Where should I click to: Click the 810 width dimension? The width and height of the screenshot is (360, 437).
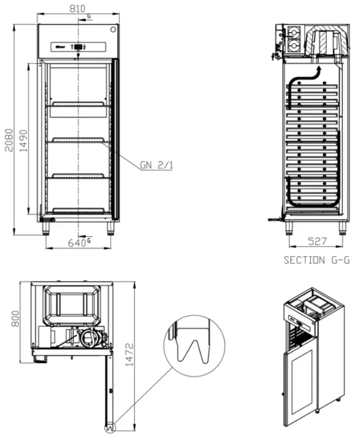coord(78,9)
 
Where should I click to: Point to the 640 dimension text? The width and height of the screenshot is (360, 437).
coord(77,243)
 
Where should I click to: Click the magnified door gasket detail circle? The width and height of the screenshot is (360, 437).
coord(191,347)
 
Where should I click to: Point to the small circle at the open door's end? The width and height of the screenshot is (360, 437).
coord(109,426)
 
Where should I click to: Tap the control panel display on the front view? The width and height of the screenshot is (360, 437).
coord(78,47)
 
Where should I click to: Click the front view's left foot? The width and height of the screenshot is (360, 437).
coord(44,228)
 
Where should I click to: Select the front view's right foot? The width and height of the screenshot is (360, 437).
coord(111,228)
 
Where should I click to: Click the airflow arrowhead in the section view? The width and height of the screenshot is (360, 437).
coord(319,69)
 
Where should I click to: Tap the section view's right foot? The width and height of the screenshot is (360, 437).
coord(342,228)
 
